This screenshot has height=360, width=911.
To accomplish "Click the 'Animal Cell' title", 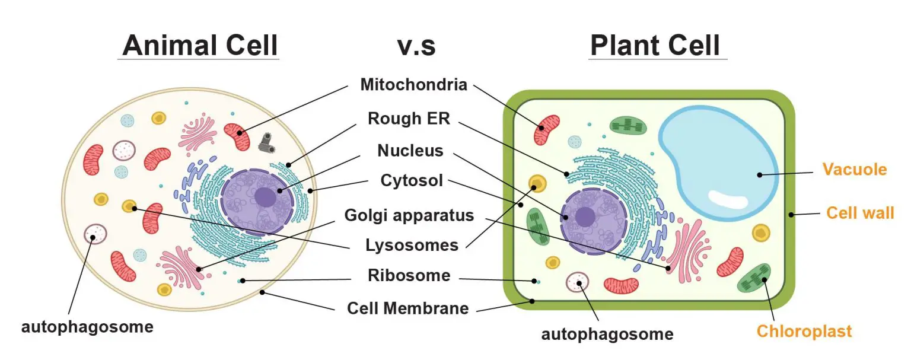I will point(200,45).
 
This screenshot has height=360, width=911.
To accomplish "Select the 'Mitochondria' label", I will point(413,84).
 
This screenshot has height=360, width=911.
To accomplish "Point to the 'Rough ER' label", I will point(409,118).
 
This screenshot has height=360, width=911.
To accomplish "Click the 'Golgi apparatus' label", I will point(409,215).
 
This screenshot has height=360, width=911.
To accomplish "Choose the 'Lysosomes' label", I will point(412,245).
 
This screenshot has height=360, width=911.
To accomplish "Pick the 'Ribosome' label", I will point(409,276).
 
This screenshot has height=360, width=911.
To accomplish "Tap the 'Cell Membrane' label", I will point(407,308).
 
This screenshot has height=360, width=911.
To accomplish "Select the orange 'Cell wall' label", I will point(859,212).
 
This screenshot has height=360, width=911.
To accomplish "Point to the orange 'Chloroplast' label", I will point(804,331).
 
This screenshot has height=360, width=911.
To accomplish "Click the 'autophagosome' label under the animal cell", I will point(87,327).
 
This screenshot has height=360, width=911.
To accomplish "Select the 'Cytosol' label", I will point(412,180).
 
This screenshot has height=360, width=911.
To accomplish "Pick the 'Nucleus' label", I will point(410,151).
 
